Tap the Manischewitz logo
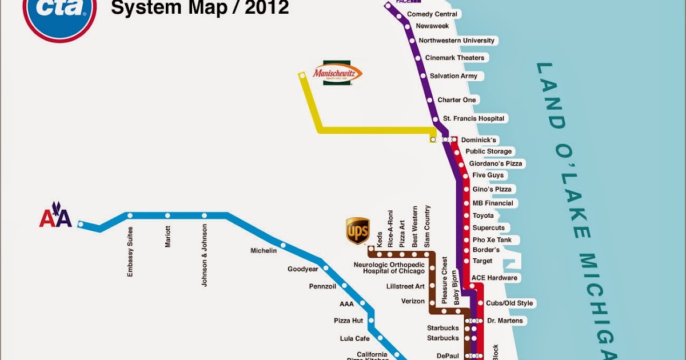tap(337, 73)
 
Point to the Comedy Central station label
tap(432, 14)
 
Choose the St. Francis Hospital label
tap(474, 118)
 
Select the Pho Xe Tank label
tap(492, 240)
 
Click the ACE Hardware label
tap(494, 278)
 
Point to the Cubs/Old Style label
tap(509, 303)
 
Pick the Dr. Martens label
tap(504, 321)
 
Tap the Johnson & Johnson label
tap(205, 255)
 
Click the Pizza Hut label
tap(348, 321)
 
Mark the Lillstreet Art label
tap(405, 286)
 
